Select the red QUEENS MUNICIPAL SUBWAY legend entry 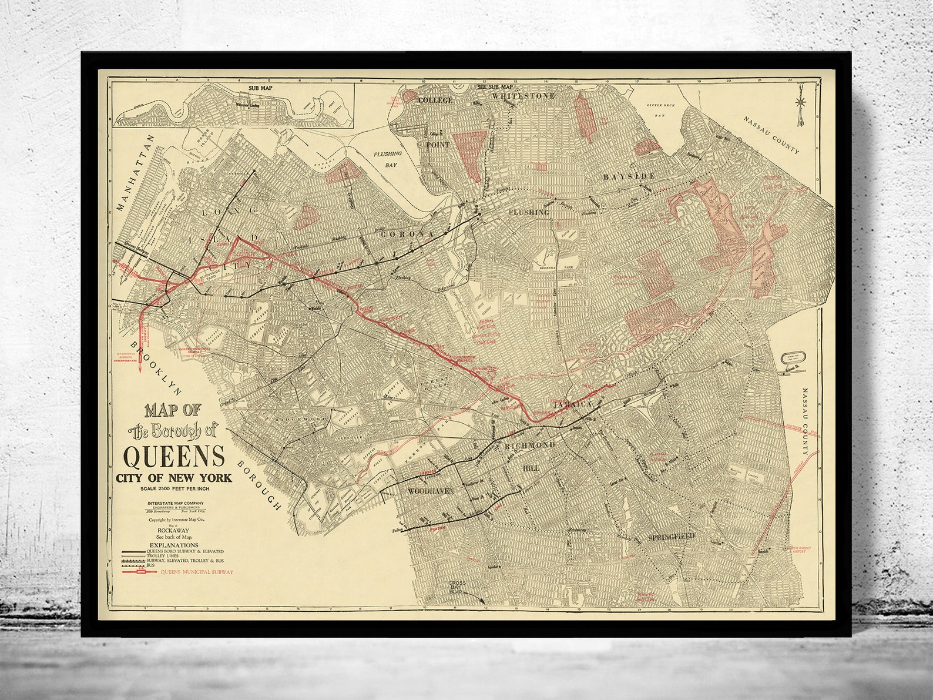coord(196,571)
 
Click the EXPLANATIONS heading coord(173,545)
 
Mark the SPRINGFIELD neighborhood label coord(672,536)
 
